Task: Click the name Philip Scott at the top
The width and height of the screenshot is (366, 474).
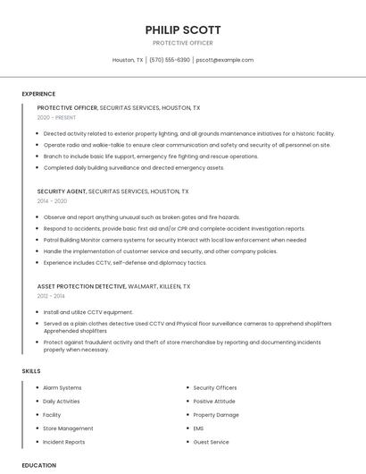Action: pyautogui.click(x=183, y=30)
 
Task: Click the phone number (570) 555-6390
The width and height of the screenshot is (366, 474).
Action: pyautogui.click(x=169, y=60)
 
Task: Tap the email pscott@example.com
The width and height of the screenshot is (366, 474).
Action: pyautogui.click(x=225, y=60)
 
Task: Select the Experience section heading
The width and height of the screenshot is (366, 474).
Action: pyautogui.click(x=38, y=94)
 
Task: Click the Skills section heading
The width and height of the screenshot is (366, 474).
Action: pyautogui.click(x=31, y=370)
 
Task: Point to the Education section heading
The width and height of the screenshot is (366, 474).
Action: pyautogui.click(x=39, y=465)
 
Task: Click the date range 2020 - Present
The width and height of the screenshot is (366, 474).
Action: pyautogui.click(x=56, y=117)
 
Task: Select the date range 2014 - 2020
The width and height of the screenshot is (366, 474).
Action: pyautogui.click(x=52, y=201)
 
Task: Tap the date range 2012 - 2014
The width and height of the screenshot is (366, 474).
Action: pyautogui.click(x=52, y=295)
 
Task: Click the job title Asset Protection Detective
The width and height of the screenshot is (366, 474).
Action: pyautogui.click(x=81, y=286)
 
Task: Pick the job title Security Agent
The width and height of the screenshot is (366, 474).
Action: pyautogui.click(x=62, y=191)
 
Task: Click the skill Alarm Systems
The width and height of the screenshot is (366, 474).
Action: pyautogui.click(x=62, y=387)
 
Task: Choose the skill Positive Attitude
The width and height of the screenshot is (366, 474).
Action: pyautogui.click(x=215, y=401)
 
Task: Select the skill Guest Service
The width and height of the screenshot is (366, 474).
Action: pyautogui.click(x=212, y=442)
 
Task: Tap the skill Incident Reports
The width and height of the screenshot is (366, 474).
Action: pyautogui.click(x=64, y=442)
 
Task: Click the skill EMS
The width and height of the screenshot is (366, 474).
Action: pyautogui.click(x=199, y=428)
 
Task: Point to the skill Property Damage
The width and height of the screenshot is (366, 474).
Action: pyautogui.click(x=216, y=415)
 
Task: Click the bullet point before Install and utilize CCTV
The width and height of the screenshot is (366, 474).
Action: pyautogui.click(x=38, y=312)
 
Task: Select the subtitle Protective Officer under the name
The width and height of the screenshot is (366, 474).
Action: pyautogui.click(x=183, y=43)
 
